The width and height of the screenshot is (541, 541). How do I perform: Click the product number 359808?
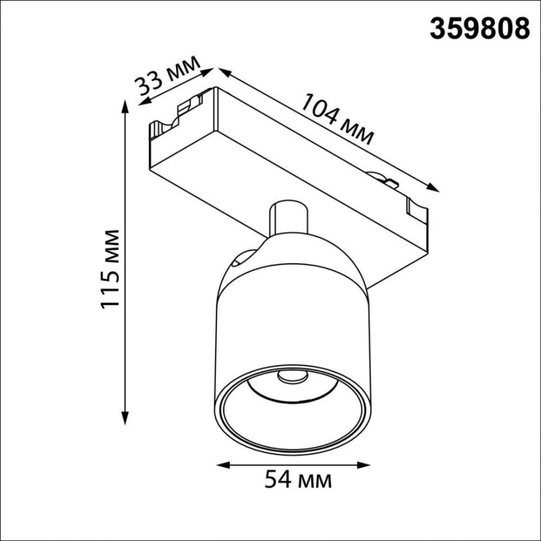click(479, 28)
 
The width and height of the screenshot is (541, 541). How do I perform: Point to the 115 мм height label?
click(110, 268)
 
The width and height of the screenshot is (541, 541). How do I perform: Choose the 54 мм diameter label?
click(297, 479)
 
